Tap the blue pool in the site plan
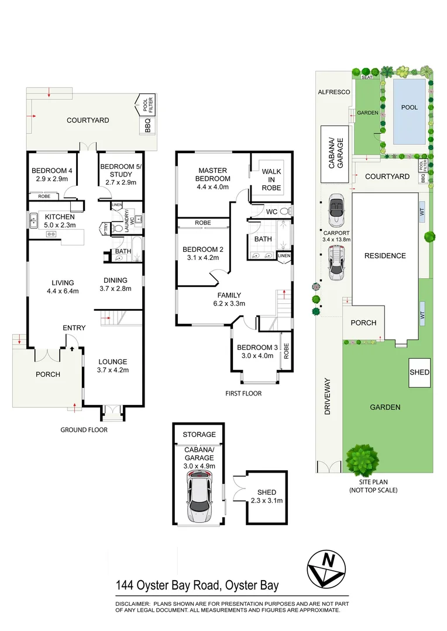tap(409, 111)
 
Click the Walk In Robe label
tap(271, 179)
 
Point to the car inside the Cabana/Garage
tap(199, 498)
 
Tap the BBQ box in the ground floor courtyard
tap(147, 126)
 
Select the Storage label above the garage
tap(199, 434)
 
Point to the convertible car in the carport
tap(336, 210)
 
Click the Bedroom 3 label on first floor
tap(255, 352)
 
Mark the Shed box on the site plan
tap(420, 373)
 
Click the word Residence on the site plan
tap(384, 255)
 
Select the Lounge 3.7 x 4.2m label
tap(112, 365)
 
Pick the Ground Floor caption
tap(84, 429)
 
